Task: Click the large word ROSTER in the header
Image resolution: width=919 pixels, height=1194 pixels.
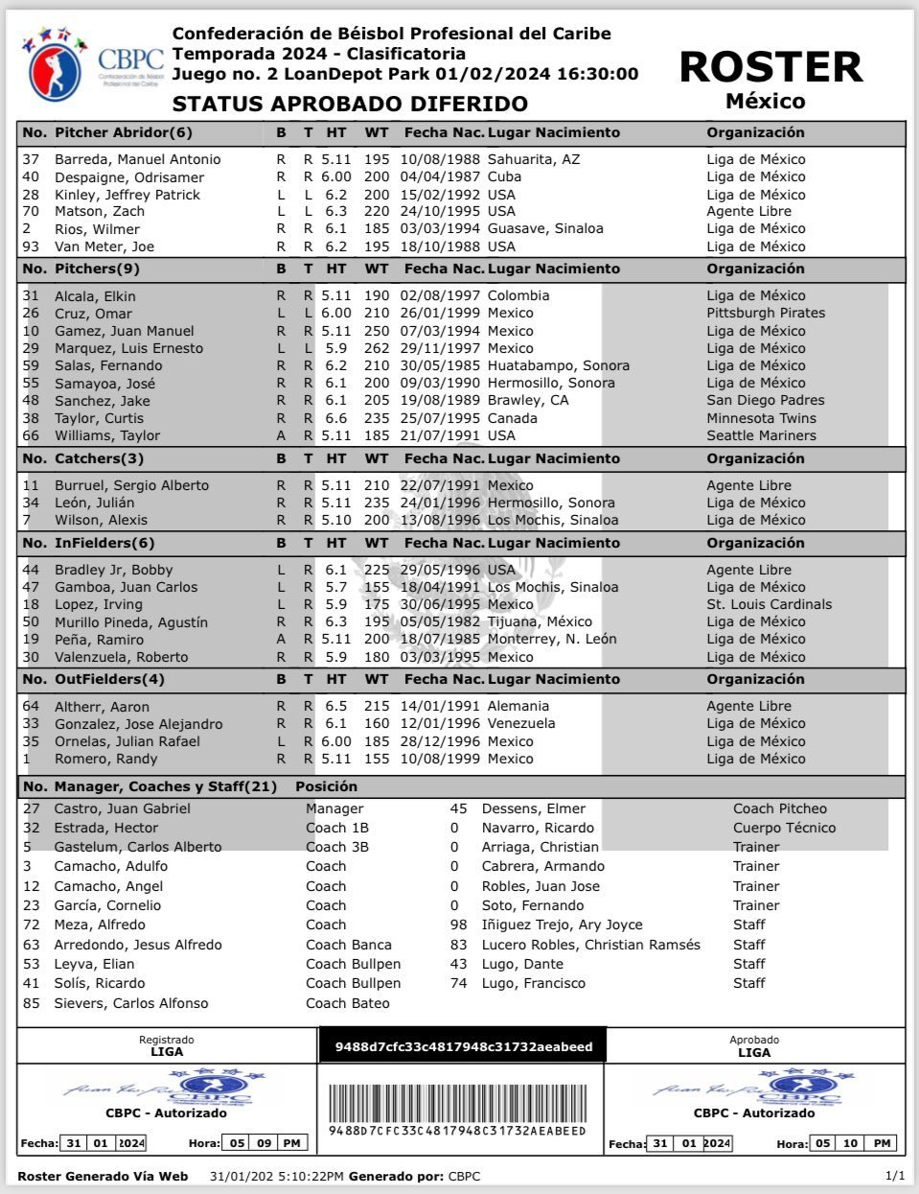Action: [x=770, y=67]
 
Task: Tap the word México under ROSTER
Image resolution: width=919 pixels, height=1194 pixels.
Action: [x=765, y=101]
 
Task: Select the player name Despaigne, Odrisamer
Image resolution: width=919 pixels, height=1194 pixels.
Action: [x=129, y=177]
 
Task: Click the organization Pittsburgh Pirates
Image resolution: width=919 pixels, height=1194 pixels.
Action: [x=766, y=314]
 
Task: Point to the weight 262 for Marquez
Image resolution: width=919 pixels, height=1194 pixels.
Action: [x=377, y=348]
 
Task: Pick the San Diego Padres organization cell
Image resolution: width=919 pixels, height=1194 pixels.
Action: [x=766, y=401]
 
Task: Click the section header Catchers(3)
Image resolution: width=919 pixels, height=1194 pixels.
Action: [x=99, y=458]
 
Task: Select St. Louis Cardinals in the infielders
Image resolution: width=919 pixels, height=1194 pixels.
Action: [x=770, y=604]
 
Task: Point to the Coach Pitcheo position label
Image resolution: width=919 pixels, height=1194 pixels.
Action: [x=780, y=808]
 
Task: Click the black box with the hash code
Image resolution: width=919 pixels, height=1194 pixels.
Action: [x=464, y=1046]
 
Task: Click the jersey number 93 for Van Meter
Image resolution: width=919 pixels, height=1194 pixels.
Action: [x=31, y=246]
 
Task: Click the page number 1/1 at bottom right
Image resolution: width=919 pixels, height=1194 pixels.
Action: [x=895, y=1176]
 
